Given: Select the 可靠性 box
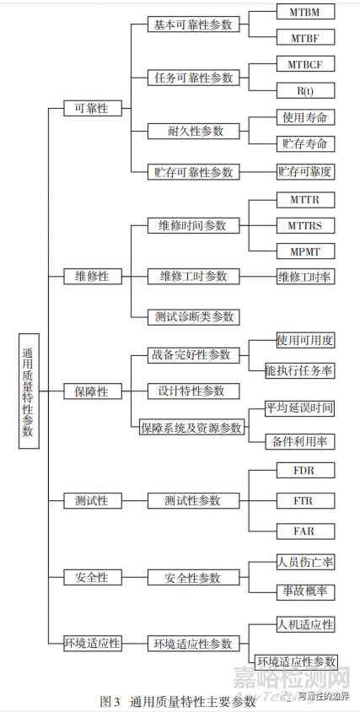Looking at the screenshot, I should pyautogui.click(x=93, y=108).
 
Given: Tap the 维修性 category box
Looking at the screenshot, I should pyautogui.click(x=93, y=276).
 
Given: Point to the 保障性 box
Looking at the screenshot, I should pyautogui.click(x=93, y=391).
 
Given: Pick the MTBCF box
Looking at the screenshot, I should pyautogui.click(x=306, y=64).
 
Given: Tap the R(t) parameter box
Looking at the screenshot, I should pyautogui.click(x=306, y=90).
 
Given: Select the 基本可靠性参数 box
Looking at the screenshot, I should pyautogui.click(x=193, y=24).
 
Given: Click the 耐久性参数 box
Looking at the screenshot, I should pyautogui.click(x=193, y=131).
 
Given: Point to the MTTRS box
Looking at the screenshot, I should pyautogui.click(x=306, y=225).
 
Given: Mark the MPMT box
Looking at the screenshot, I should pyautogui.click(x=306, y=251).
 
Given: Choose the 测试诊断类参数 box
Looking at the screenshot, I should pyautogui.click(x=193, y=316).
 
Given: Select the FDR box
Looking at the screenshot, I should pyautogui.click(x=306, y=470).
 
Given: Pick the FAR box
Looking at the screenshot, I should pyautogui.click(x=306, y=531).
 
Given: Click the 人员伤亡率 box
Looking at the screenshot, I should pyautogui.click(x=306, y=563).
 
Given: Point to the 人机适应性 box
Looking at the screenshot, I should pyautogui.click(x=306, y=625).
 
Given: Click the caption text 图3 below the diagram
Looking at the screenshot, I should pyautogui.click(x=110, y=701).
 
